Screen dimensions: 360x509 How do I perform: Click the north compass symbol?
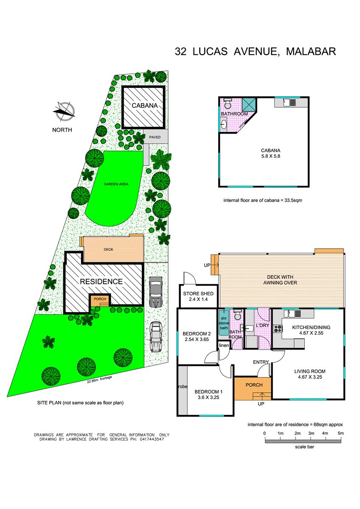(65, 111)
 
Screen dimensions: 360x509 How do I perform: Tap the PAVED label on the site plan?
(155, 137)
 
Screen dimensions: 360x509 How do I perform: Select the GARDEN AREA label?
(116, 184)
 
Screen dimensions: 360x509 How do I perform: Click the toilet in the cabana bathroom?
(227, 104)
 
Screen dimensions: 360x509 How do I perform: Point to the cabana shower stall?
(249, 105)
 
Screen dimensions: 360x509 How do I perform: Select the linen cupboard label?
(224, 345)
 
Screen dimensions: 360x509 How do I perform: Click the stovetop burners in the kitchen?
(278, 328)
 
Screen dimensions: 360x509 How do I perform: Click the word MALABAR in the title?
(311, 52)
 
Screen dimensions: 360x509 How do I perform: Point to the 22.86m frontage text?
(99, 379)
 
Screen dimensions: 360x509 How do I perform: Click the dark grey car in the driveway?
(156, 292)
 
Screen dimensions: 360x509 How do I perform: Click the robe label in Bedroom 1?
(183, 386)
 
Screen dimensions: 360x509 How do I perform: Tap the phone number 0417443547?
(150, 439)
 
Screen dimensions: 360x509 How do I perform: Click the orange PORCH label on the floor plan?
(254, 385)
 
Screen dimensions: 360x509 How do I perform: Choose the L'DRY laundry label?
(262, 325)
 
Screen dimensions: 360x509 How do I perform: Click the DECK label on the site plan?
(109, 249)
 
